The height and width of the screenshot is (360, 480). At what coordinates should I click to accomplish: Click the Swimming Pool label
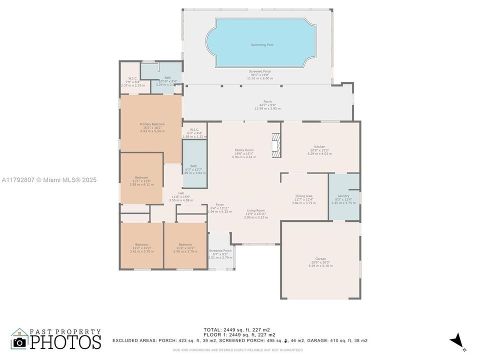pos(262,45)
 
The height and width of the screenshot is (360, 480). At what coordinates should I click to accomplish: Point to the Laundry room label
pos(343,196)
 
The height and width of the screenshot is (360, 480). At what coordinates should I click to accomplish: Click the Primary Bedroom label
pos(152,124)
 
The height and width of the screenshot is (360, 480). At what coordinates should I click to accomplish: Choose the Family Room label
pos(244,150)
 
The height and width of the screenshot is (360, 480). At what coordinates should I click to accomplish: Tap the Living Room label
pos(255,210)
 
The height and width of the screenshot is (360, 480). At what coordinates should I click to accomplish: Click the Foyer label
pos(219,204)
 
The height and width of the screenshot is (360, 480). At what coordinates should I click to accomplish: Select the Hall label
pos(181,193)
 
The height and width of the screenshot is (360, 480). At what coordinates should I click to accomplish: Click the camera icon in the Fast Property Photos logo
pos(19,342)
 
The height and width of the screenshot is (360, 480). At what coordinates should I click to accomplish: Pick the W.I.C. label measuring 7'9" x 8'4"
pos(132,78)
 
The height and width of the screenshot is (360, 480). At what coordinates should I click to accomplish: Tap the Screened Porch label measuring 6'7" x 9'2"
pos(220,250)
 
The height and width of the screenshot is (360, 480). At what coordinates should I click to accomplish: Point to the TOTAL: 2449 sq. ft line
pos(236,329)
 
